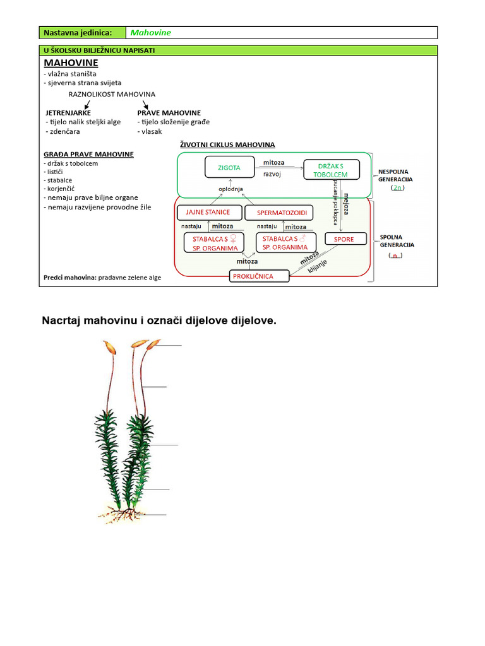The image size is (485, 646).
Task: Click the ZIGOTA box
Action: [x=229, y=168]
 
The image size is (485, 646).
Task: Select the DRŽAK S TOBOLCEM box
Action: [x=331, y=169]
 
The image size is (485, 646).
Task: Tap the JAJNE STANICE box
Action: [x=208, y=212]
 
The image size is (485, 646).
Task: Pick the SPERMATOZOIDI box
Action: [x=281, y=213]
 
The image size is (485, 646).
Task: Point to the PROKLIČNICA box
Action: [x=260, y=276]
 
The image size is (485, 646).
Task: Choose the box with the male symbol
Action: [x=285, y=243]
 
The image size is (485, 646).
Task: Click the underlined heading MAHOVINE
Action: [x=71, y=63]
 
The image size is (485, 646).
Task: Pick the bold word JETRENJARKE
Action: [x=68, y=112]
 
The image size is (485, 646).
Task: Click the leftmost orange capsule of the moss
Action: [x=111, y=347]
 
